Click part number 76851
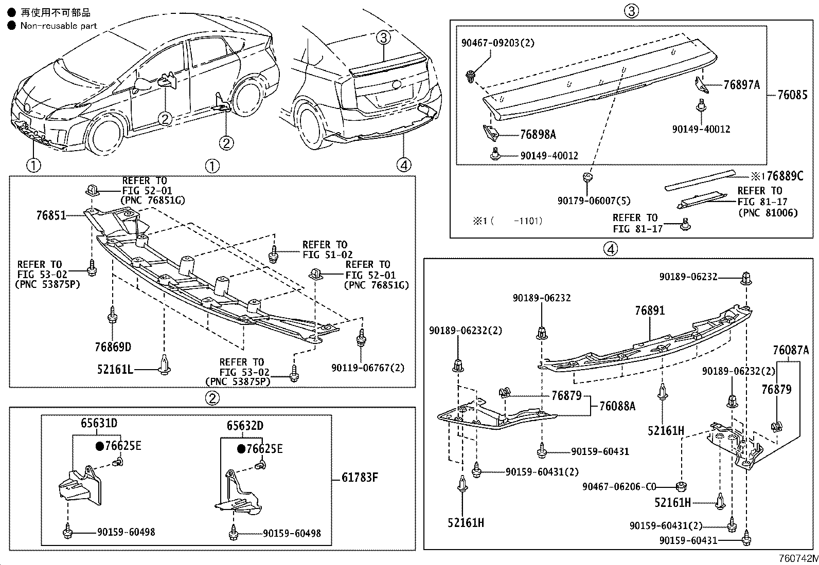(x=51, y=215)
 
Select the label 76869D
(x=113, y=347)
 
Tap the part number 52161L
(x=115, y=369)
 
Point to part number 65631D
(x=99, y=423)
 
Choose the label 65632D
(x=245, y=426)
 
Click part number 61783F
(x=360, y=478)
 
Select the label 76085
(x=792, y=95)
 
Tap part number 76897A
(x=741, y=85)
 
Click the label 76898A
(x=538, y=135)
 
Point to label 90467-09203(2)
(x=497, y=43)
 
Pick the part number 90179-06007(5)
(x=594, y=201)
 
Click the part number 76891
(x=649, y=311)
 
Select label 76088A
(x=617, y=406)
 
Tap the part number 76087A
(x=790, y=351)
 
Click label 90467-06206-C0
(x=619, y=486)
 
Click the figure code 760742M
(x=797, y=559)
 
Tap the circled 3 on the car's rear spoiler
(x=383, y=37)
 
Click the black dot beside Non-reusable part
(x=11, y=25)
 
